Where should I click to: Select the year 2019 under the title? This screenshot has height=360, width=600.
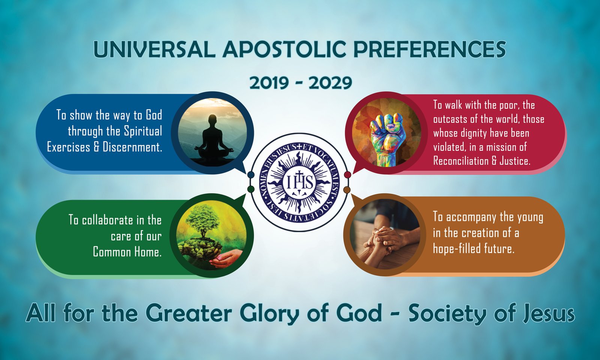[269, 83]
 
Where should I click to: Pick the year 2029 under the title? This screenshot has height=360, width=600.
[330, 83]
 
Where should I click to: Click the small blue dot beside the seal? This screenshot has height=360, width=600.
[251, 175]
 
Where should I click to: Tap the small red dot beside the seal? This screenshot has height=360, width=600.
[347, 175]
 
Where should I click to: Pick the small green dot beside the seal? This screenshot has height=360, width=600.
[251, 189]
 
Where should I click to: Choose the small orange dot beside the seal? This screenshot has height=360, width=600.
[347, 190]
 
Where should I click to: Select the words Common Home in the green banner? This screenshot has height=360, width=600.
[127, 252]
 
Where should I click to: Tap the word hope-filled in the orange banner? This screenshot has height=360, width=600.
[457, 249]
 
